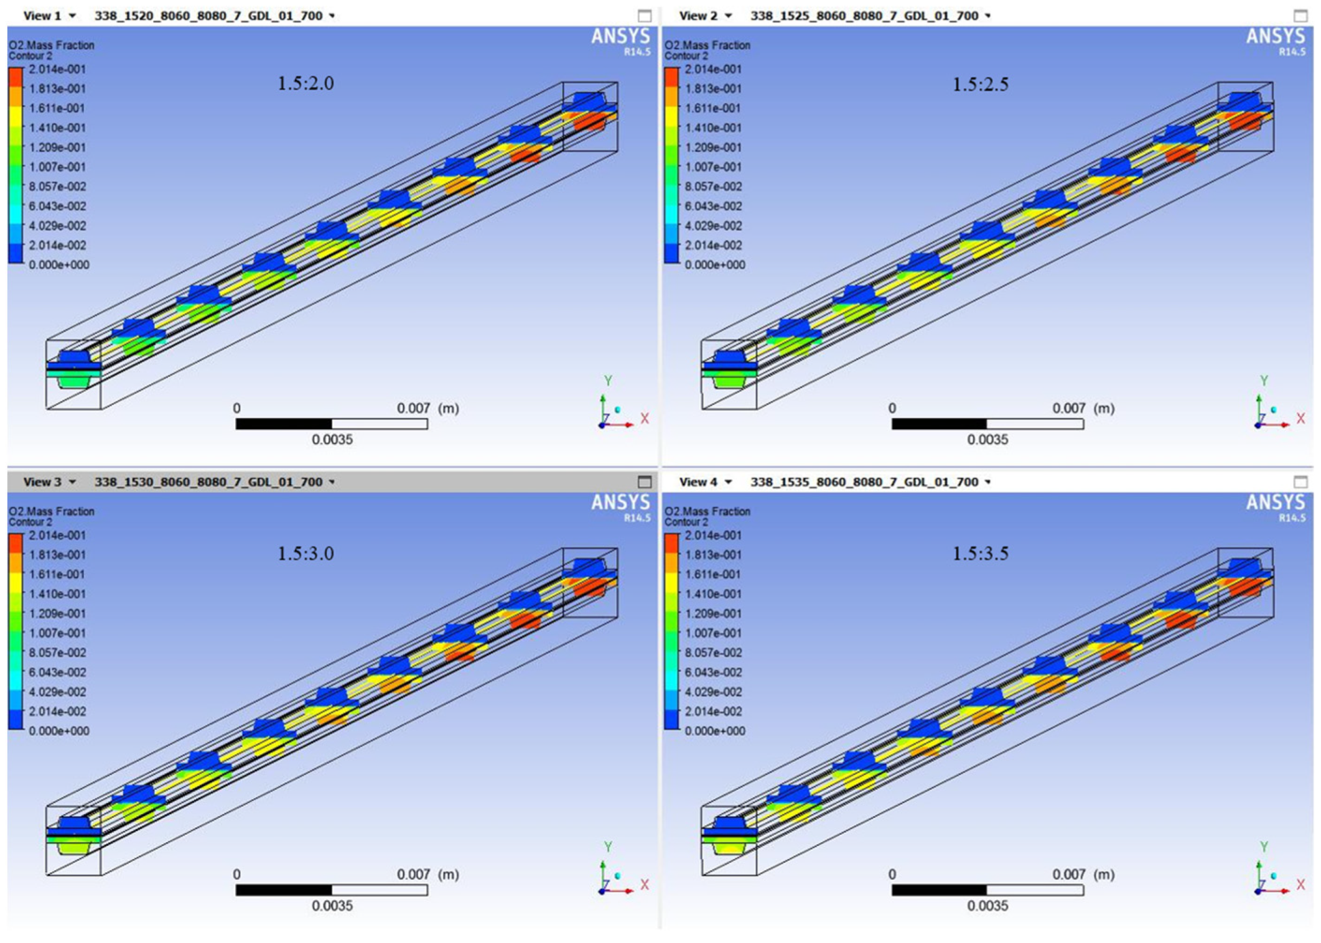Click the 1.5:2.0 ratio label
coord(306,83)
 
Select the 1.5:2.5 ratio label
coord(981,84)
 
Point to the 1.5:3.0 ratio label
coord(306,553)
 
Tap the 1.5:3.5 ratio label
coord(981,553)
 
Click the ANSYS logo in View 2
coord(1276,37)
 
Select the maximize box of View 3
coord(645,482)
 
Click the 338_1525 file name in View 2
coord(864,16)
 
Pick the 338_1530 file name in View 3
coord(208,482)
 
